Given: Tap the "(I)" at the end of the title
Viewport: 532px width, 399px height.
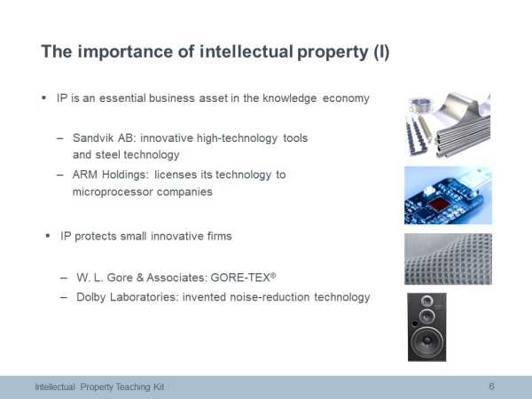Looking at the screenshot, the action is tap(381, 52).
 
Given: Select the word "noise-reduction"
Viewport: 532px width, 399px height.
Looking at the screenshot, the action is tap(270, 297).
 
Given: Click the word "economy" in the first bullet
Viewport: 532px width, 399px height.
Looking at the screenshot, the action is tap(346, 98).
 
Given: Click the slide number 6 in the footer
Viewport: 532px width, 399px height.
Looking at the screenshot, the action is tap(491, 386).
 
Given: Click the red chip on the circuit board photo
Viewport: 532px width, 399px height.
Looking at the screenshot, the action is tap(438, 205).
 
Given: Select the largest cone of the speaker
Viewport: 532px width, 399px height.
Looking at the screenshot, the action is tap(427, 342).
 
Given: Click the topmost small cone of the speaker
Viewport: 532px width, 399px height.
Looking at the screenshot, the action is tap(426, 301).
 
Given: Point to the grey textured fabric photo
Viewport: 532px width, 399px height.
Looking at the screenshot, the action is tap(448, 259).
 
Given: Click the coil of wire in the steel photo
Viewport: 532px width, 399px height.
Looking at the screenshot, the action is tap(420, 105).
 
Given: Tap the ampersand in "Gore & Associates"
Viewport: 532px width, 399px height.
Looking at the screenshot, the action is tap(140, 278).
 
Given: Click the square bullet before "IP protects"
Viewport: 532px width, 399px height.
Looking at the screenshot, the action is tap(48, 236).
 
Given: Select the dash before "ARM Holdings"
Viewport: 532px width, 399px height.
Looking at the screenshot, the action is tap(60, 175).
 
